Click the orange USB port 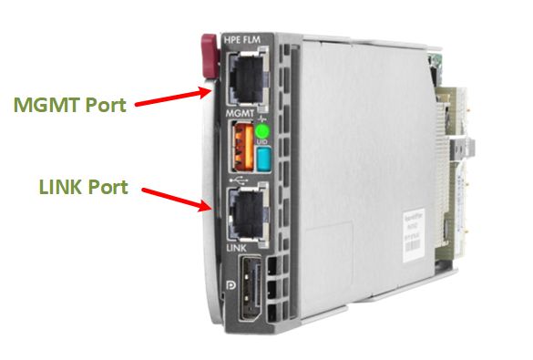coord(242,149)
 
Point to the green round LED coord(261,131)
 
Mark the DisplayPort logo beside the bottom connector coord(227,297)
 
